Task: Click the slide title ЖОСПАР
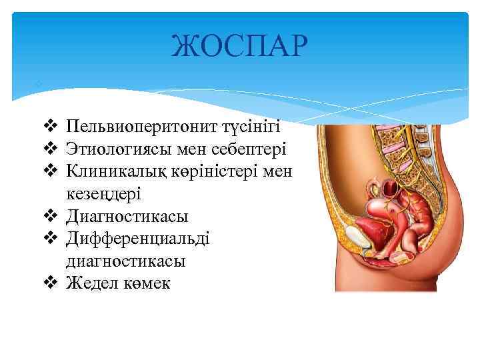coord(239,46)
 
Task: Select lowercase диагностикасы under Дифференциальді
coord(126,261)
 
